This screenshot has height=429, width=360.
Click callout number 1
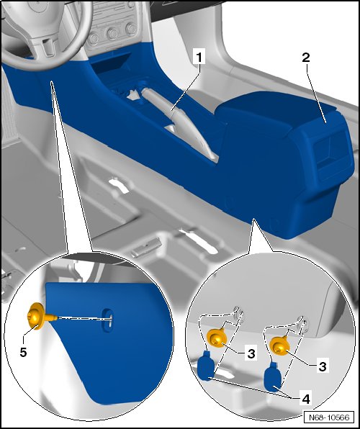pos(199,57)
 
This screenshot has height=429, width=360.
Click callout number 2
pos(306,58)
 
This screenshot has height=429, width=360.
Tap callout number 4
pos(306,399)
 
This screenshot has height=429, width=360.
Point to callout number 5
pos(23,352)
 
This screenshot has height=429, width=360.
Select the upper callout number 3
pos(251,353)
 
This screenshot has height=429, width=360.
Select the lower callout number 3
pos(323,366)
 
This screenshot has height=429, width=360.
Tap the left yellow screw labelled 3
pos(217,338)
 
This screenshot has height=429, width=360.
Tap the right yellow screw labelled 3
pos(280,346)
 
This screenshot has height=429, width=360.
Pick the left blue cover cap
pos(206,366)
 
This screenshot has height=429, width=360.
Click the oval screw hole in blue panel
pos(107,320)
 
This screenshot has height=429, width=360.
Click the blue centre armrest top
pos(276,109)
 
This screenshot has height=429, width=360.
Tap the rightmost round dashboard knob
pos(132,28)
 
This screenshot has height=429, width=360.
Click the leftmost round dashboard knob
pos(94,38)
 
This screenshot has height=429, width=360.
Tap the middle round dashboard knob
pos(112,33)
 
